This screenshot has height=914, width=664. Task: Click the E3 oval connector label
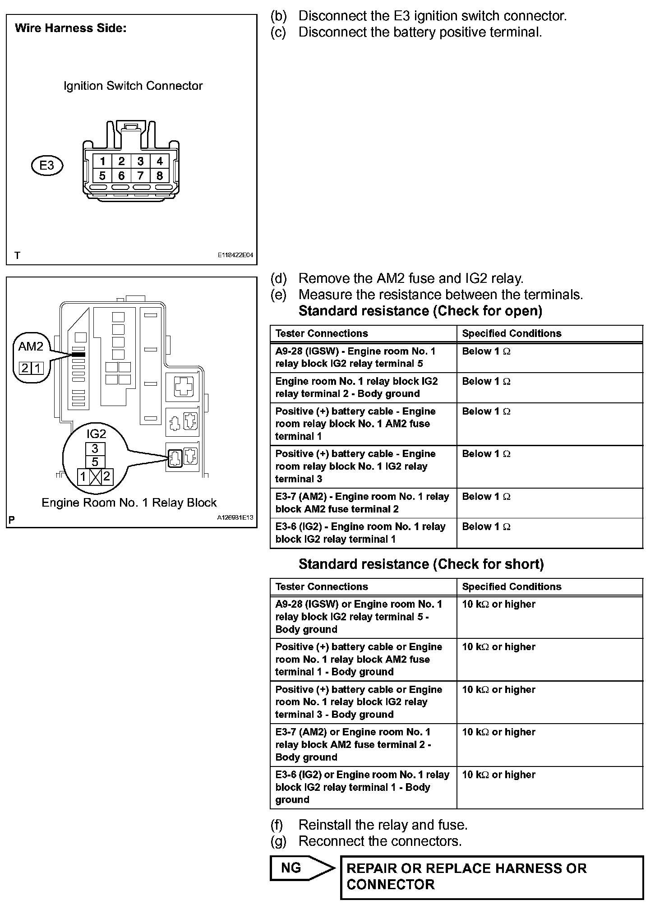tap(47, 166)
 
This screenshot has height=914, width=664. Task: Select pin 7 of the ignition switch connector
tap(140, 176)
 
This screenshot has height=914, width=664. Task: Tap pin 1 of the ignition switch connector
tap(103, 161)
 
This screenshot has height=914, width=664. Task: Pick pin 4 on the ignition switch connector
tap(159, 161)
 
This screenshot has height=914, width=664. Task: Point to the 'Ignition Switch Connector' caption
tap(133, 86)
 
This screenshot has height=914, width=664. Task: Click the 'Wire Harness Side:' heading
tap(71, 28)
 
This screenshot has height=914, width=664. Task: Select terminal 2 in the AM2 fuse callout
tap(25, 368)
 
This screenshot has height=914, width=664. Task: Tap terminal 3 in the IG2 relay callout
tap(95, 449)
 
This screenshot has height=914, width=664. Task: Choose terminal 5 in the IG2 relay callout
tap(95, 462)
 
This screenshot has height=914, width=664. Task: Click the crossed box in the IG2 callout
tap(95, 477)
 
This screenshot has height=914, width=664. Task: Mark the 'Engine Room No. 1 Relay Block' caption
tap(129, 503)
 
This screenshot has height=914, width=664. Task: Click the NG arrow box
tap(301, 868)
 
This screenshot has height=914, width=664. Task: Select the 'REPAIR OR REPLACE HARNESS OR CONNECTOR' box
tap(492, 877)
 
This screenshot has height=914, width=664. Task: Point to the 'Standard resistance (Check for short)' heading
tap(421, 564)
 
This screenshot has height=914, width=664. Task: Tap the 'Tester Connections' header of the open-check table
tap(322, 333)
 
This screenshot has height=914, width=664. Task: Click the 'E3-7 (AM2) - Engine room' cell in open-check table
tap(363, 503)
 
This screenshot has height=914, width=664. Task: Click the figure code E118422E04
tap(235, 255)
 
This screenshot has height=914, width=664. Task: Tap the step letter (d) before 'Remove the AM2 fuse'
tap(278, 278)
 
